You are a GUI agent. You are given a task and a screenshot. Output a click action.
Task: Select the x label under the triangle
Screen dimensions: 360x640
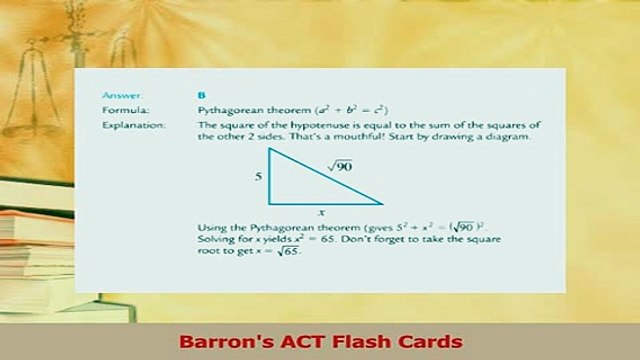point(321,212)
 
